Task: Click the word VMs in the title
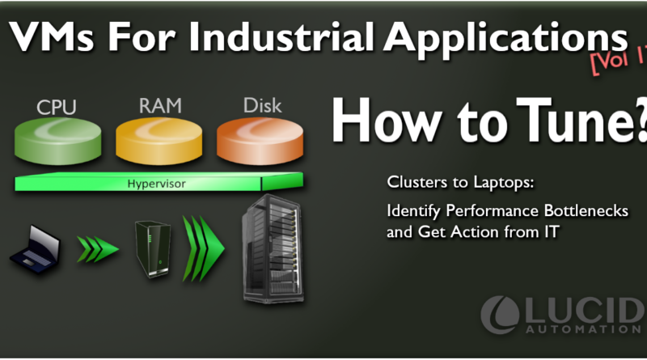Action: pyautogui.click(x=51, y=36)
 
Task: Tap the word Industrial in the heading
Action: pyautogui.click(x=281, y=36)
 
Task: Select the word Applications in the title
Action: pyautogui.click(x=506, y=39)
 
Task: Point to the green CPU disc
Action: pyautogui.click(x=57, y=141)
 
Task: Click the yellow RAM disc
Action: pyautogui.click(x=159, y=141)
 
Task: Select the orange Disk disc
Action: pyautogui.click(x=260, y=141)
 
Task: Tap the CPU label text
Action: pyautogui.click(x=57, y=108)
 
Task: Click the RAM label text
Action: pyautogui.click(x=160, y=106)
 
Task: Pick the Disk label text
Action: pyautogui.click(x=262, y=106)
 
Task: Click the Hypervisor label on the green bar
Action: pyautogui.click(x=156, y=184)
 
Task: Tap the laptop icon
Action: pyautogui.click(x=35, y=249)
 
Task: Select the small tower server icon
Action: pyautogui.click(x=152, y=249)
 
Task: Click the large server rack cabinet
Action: pyautogui.click(x=273, y=248)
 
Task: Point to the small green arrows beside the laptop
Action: pyautogui.click(x=98, y=249)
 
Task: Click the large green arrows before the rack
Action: pyautogui.click(x=204, y=249)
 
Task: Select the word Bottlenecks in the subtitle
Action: pyautogui.click(x=586, y=211)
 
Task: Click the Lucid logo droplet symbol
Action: pyautogui.click(x=500, y=314)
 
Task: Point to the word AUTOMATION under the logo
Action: pyautogui.click(x=583, y=329)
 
